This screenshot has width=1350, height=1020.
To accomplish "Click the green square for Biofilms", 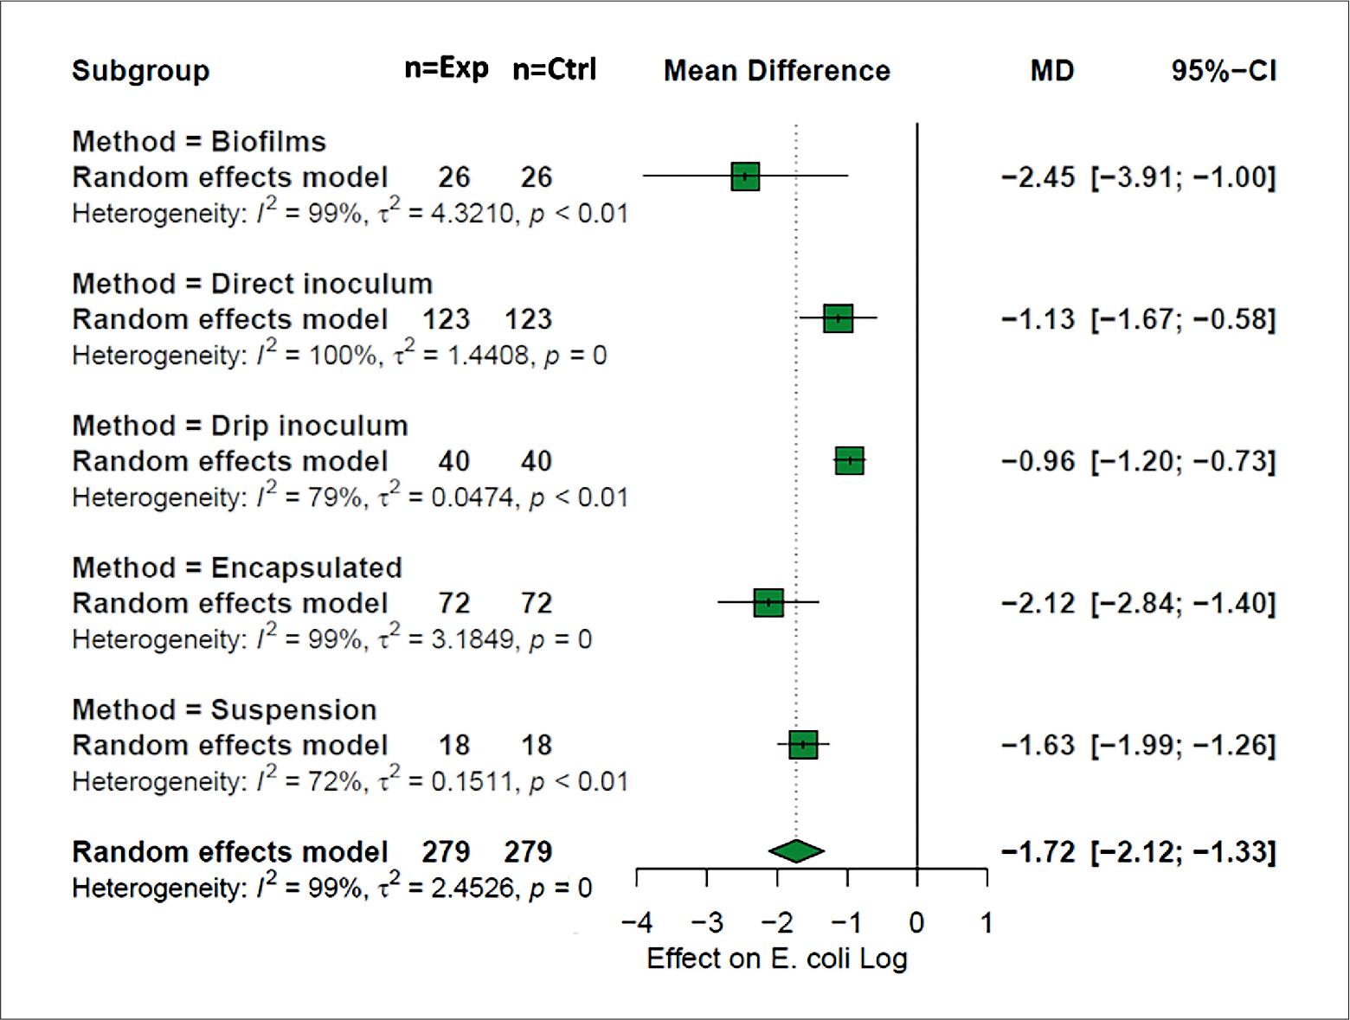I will click(745, 176).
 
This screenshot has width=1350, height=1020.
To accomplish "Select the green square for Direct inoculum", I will click(838, 318).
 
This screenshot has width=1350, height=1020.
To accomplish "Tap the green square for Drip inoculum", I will click(850, 460).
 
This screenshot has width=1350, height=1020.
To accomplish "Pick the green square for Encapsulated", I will click(768, 602).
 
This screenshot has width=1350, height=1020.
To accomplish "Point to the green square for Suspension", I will click(803, 744).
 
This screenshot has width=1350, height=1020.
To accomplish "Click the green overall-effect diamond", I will click(796, 851).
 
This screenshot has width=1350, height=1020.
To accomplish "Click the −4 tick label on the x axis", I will click(637, 923).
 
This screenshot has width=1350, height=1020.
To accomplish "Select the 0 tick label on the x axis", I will click(917, 923).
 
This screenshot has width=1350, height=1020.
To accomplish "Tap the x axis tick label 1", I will click(987, 923).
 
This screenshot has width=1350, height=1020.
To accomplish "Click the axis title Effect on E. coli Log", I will click(777, 959).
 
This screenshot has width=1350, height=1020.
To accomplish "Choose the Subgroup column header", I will click(140, 71).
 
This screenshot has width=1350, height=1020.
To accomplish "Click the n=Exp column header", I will click(447, 68).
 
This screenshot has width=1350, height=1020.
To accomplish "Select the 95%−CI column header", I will click(1224, 71).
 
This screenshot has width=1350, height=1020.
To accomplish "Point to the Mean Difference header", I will click(777, 71).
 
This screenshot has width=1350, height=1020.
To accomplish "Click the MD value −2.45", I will click(1038, 177).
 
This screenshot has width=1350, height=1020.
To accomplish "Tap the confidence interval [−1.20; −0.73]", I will click(1183, 461).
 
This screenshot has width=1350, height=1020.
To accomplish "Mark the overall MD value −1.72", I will click(1038, 852).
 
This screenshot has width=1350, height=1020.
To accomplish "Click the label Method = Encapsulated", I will click(237, 568).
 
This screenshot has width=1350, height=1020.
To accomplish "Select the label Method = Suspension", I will click(224, 709).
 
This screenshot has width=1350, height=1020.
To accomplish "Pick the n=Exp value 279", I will click(446, 852).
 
